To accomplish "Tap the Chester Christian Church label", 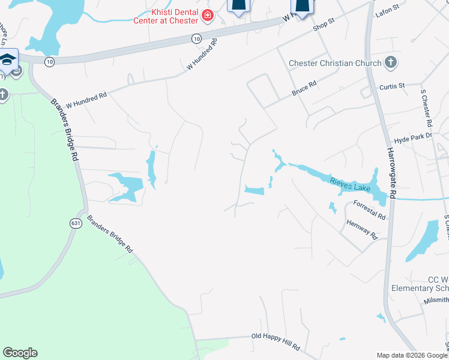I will [x=335, y=63].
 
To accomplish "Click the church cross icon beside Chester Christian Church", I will [x=391, y=62].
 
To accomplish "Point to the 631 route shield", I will [x=76, y=223].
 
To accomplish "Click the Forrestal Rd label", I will [x=369, y=209].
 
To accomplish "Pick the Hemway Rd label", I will [x=362, y=228].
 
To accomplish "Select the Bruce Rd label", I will [x=304, y=88].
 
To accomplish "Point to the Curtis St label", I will [x=392, y=86].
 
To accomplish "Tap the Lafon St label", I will [x=387, y=8].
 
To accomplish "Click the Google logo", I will [x=20, y=353].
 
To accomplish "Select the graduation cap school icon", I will [x=8, y=59].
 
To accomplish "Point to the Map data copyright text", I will [x=412, y=355].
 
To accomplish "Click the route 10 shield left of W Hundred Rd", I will [x=49, y=62].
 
